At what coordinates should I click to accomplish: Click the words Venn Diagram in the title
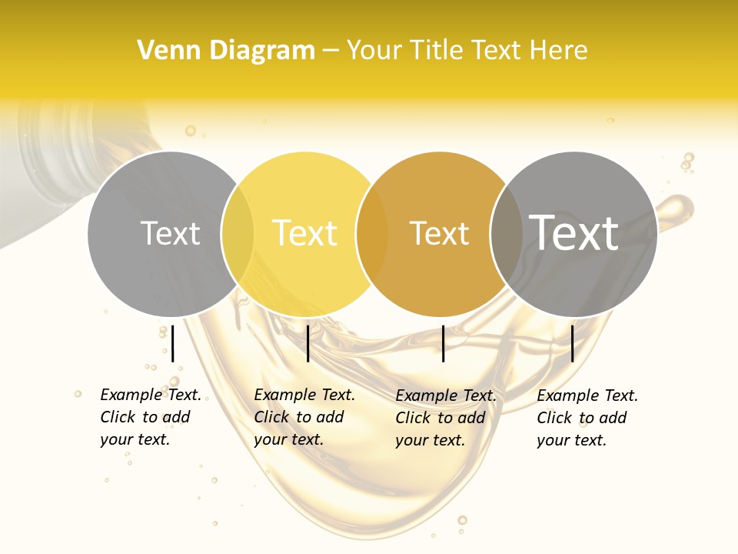pos(226,51)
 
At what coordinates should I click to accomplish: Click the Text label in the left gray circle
pos(170,233)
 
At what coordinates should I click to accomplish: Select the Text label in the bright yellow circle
pos(304,233)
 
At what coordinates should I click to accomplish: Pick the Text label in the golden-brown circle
pos(439,233)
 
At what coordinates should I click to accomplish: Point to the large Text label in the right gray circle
pos(573,232)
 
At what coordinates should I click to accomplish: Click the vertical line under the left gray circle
pos(173,343)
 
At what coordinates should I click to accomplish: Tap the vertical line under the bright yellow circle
pos(307,343)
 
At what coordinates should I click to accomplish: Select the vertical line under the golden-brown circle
pos(443,343)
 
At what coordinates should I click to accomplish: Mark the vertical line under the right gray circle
pos(572,343)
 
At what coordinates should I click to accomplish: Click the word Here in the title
pos(560,51)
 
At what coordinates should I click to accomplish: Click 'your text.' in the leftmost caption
pos(135,440)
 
